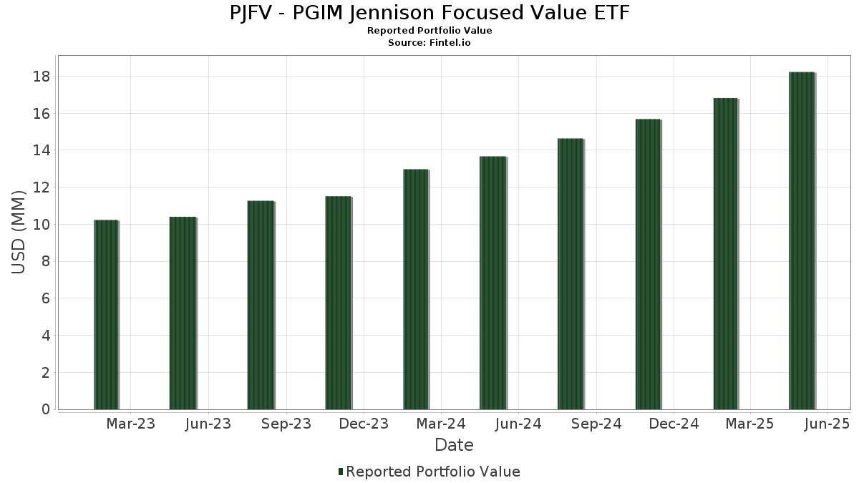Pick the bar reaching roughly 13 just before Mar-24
[x=415, y=290]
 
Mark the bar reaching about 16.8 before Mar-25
[x=725, y=254]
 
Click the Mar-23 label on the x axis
[x=130, y=424]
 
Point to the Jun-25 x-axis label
[x=827, y=424]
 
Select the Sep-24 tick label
[x=597, y=424]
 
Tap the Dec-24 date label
[x=674, y=424]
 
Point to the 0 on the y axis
[x=46, y=410]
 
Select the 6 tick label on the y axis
[x=46, y=298]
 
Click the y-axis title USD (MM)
[x=19, y=233]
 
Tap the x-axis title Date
[x=454, y=445]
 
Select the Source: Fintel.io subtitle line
[x=429, y=43]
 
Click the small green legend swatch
[x=341, y=472]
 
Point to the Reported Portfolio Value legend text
[x=433, y=472]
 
